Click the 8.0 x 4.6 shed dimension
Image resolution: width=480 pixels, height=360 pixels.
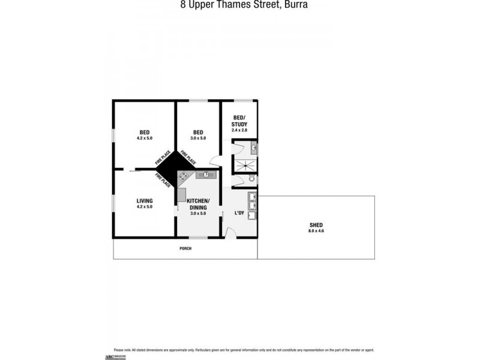coord(316,231)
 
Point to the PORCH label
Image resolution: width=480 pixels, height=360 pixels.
coord(185,248)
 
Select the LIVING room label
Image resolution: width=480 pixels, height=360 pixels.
coord(144,200)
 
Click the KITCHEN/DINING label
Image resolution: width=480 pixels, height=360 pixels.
coord(198,203)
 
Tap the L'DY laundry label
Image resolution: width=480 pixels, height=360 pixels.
coord(238,214)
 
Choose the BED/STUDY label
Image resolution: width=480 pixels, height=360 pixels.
coord(239,121)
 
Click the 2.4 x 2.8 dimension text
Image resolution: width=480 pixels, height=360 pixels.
coord(239,130)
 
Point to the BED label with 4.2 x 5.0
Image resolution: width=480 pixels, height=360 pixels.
coord(144,133)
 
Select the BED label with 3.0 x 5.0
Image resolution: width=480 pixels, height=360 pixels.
coord(198,133)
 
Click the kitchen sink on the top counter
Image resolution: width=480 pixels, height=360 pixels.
coord(206,175)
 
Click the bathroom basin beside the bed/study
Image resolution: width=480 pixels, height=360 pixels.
coord(254,147)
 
